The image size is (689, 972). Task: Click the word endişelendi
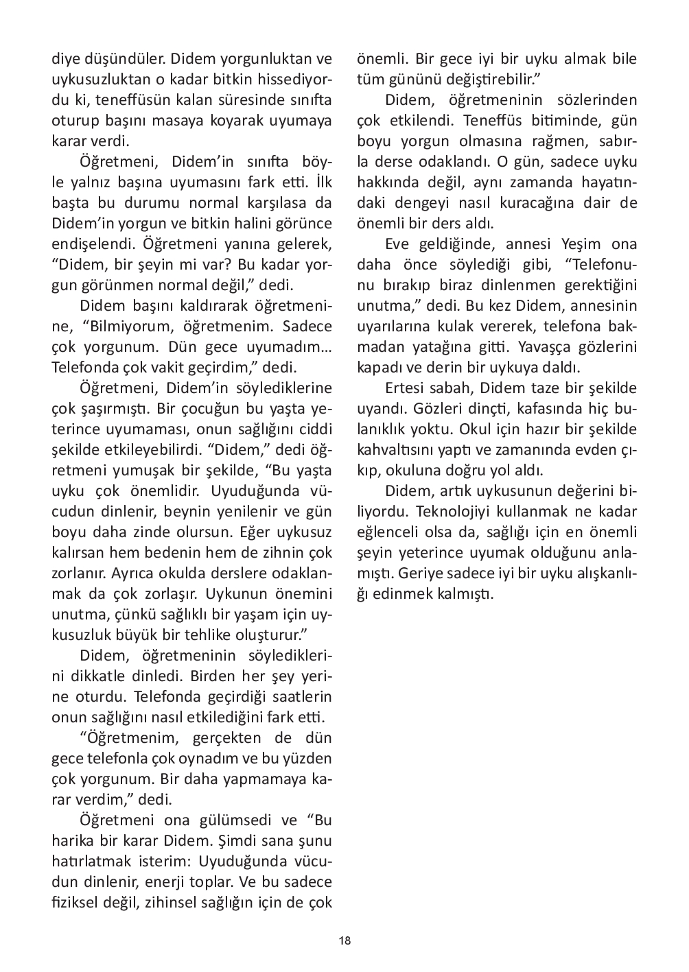click(89, 244)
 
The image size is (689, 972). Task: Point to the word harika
click(73, 841)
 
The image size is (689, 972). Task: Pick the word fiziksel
click(78, 903)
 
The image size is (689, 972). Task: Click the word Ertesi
click(408, 388)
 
